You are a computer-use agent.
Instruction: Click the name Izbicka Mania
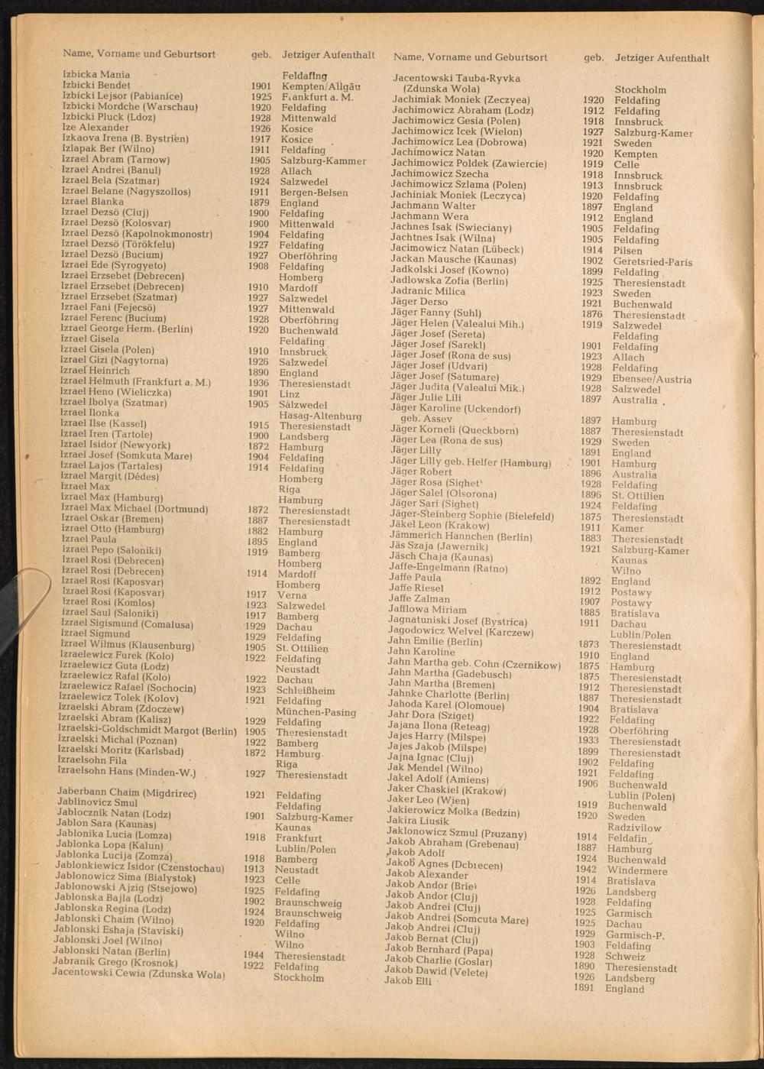[96, 75]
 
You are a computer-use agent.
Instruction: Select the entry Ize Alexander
[95, 128]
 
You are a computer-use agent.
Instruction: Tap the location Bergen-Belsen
[313, 193]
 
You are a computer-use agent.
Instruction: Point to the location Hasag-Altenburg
[320, 416]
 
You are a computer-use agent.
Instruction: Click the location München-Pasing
[316, 712]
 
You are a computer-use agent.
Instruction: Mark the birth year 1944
[254, 955]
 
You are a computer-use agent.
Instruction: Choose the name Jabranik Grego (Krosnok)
[115, 963]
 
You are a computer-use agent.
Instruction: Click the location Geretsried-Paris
[652, 262]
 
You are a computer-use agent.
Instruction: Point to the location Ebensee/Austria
[652, 379]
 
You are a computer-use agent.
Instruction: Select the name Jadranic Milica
[428, 291]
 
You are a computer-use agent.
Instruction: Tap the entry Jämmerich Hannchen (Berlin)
[461, 536]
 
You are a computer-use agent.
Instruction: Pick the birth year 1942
[586, 869]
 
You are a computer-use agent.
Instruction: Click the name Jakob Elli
[408, 980]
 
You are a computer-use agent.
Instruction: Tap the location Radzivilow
[634, 828]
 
